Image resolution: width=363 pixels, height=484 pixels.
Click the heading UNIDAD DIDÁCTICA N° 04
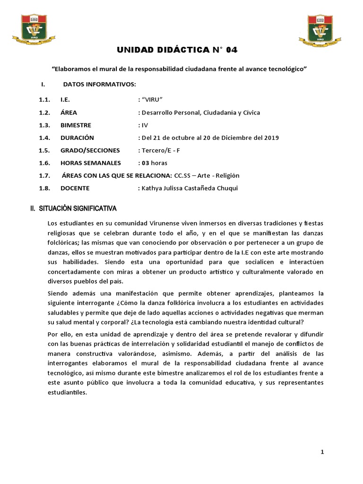[x=181, y=50]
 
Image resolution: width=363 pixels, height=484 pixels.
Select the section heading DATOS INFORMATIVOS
[x=99, y=84]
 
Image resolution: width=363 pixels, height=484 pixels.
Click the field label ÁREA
[x=69, y=112]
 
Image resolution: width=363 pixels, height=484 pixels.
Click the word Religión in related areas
[x=228, y=175]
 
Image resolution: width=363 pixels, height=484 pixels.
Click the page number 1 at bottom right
[x=322, y=452]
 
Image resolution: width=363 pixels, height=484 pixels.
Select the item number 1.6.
[x=44, y=163]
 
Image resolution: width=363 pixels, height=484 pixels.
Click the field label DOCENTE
[x=75, y=188]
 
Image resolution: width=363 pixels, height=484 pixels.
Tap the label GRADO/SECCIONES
[x=90, y=150]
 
